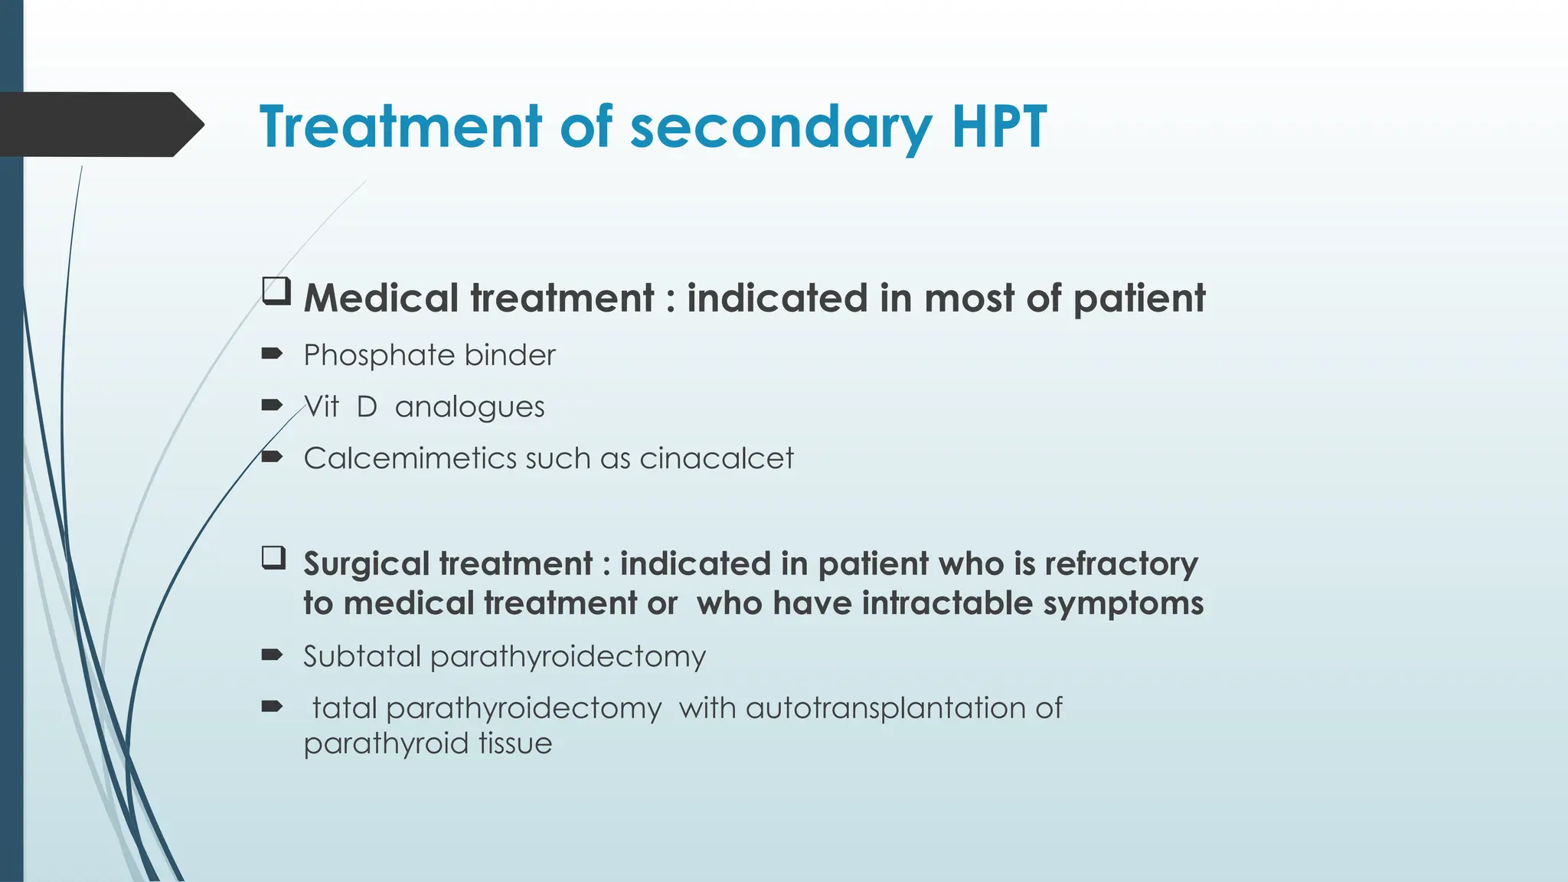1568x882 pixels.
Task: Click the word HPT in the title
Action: (998, 126)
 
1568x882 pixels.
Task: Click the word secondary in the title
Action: (780, 126)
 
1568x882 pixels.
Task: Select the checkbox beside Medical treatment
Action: (276, 292)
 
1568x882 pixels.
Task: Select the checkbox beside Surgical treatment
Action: (273, 557)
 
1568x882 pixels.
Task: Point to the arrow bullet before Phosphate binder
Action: (272, 353)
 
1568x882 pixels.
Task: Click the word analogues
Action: (469, 407)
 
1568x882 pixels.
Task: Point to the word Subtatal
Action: (361, 656)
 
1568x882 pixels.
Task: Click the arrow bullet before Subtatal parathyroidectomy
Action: (272, 655)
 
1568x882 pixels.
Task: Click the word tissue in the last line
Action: (514, 743)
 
